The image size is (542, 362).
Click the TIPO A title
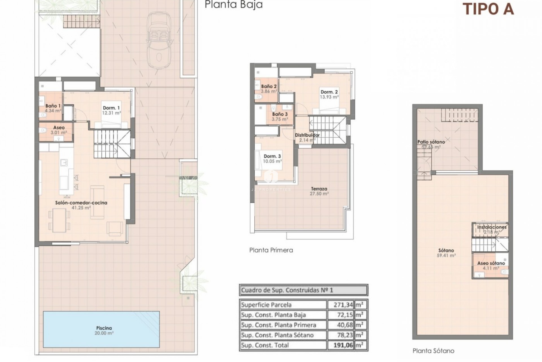[488, 9]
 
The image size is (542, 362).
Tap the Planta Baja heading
[233, 5]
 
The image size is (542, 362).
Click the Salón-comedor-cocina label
[81, 203]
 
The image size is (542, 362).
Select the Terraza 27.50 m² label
[319, 191]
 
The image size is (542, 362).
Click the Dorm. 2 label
[329, 92]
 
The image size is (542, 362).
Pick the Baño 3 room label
[280, 114]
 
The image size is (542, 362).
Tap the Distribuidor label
[307, 135]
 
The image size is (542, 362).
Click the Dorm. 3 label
[272, 156]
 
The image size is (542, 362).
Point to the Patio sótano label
[431, 142]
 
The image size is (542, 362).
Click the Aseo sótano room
[491, 266]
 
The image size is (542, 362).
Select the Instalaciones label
[491, 227]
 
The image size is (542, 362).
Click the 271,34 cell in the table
[340, 305]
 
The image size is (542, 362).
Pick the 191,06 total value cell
[340, 345]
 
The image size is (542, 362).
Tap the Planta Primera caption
[271, 250]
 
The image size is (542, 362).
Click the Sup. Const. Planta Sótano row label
[277, 335]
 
